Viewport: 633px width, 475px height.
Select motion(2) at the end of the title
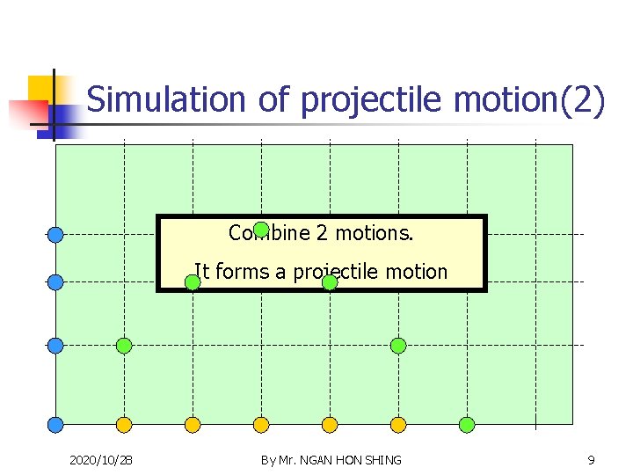click(x=529, y=99)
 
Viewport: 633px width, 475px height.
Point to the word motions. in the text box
click(x=375, y=233)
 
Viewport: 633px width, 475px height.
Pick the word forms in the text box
click(x=242, y=272)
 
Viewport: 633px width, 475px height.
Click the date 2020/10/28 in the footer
click(x=101, y=460)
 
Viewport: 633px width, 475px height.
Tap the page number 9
click(x=591, y=460)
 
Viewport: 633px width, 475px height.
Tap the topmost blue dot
click(x=55, y=234)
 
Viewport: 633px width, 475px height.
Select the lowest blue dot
click(x=55, y=425)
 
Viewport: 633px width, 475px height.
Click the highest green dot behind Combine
click(x=261, y=230)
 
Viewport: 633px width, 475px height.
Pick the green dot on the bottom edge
click(x=467, y=425)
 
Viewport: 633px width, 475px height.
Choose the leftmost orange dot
click(x=124, y=425)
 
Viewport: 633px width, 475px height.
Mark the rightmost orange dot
click(x=398, y=425)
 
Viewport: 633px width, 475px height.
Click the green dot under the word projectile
click(x=330, y=282)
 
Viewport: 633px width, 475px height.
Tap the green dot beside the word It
click(x=193, y=282)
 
